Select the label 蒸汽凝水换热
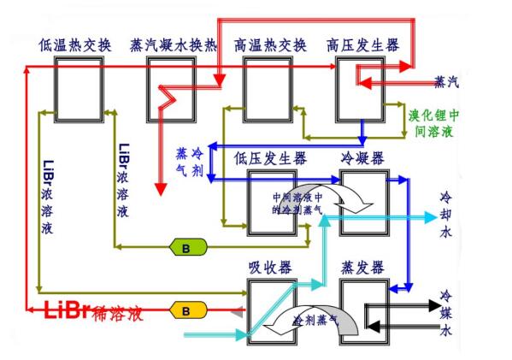point(174,44)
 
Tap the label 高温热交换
point(270,44)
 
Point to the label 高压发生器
point(362,44)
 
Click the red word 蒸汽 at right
point(447,82)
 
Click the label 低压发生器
point(270,158)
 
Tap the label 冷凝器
point(364,158)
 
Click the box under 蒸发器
point(364,312)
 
